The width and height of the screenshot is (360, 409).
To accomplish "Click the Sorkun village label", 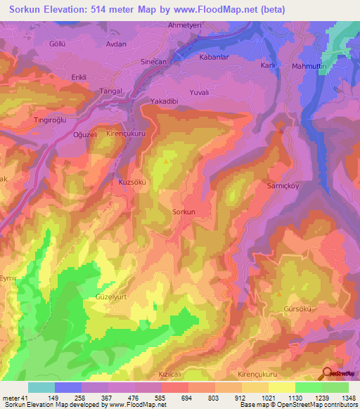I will click(183, 211).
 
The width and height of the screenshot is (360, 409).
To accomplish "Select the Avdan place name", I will click(115, 44).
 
